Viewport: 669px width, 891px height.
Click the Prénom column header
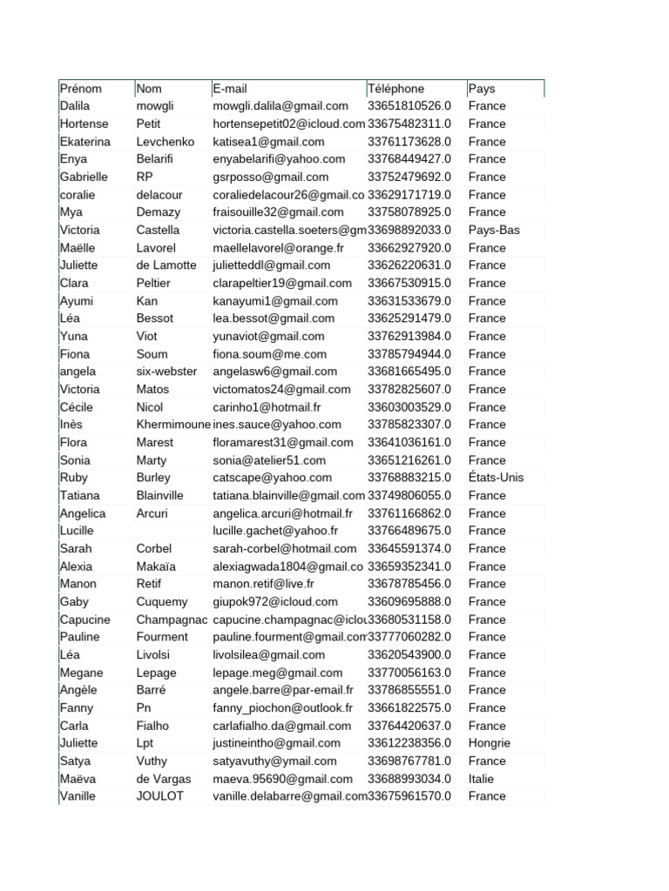(x=81, y=89)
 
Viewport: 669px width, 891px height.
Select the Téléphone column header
(x=396, y=89)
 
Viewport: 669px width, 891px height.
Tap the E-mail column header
(x=230, y=89)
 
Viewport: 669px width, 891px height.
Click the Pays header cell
(x=482, y=89)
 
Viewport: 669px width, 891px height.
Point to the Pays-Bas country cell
(x=493, y=230)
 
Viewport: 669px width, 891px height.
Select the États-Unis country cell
(x=496, y=478)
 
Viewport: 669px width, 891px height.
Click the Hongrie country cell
(x=490, y=743)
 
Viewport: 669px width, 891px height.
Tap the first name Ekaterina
(x=85, y=142)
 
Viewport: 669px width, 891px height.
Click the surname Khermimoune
(x=173, y=425)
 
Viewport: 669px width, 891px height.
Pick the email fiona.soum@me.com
(x=270, y=354)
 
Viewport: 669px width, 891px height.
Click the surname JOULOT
(x=160, y=796)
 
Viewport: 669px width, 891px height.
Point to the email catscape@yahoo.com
(x=273, y=478)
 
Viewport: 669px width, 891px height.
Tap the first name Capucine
(x=85, y=620)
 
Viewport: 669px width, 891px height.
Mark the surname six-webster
(x=167, y=372)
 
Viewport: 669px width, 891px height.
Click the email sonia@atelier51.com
(x=269, y=460)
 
